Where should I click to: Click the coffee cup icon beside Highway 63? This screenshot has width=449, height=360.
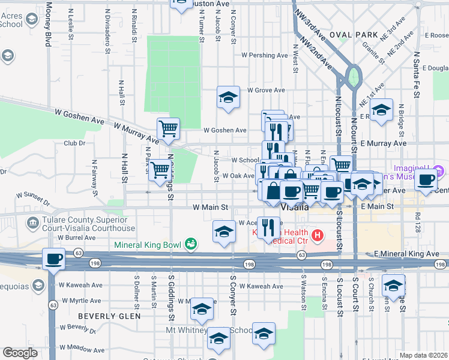(53, 259)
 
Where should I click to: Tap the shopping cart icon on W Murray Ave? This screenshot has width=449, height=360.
(169, 128)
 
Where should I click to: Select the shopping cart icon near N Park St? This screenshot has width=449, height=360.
(159, 170)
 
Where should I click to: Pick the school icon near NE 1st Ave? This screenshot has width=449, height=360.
(381, 110)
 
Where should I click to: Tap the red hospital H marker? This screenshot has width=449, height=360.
(318, 235)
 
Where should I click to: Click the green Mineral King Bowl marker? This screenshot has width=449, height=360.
(191, 244)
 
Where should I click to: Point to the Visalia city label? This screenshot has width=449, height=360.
(295, 206)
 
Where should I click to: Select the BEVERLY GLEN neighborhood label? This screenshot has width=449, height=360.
(109, 316)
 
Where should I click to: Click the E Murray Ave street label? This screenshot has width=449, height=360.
(384, 143)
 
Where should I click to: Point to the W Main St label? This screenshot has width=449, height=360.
(211, 206)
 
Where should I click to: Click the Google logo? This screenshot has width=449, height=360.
(20, 353)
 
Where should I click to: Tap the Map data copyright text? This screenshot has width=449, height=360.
(423, 355)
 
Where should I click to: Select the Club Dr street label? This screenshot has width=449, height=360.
(74, 143)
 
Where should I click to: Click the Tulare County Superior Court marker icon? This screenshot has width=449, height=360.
(32, 224)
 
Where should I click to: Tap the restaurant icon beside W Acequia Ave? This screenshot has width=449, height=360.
(268, 227)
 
